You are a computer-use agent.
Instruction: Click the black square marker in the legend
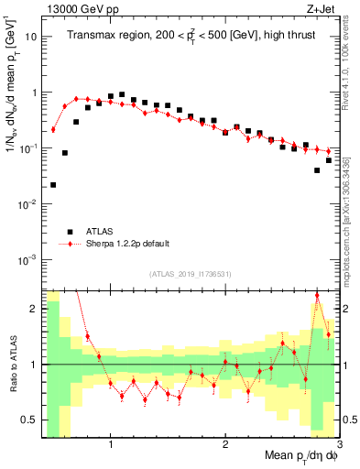click(x=68, y=232)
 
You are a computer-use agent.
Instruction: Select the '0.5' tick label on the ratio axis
click(x=28, y=420)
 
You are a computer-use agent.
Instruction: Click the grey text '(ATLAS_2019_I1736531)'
click(x=190, y=274)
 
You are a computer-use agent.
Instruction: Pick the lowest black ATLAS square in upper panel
click(x=53, y=185)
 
